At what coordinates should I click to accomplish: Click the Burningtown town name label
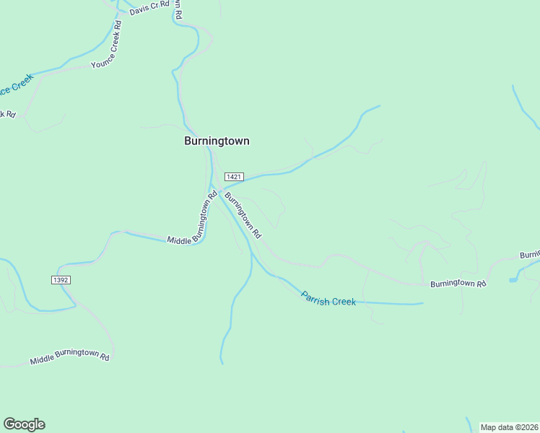coord(217,141)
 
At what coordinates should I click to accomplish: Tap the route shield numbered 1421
coord(233,177)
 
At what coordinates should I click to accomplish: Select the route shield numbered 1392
coord(61,279)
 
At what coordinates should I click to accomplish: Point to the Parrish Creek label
coord(328,298)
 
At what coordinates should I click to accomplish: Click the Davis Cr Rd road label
coord(148,8)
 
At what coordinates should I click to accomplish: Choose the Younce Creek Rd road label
coord(107,45)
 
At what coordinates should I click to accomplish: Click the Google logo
coord(24,424)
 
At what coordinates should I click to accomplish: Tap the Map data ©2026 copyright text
coord(510,427)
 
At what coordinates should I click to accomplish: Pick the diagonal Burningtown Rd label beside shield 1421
coord(243,214)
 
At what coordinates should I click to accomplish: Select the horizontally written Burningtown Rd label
coord(458,284)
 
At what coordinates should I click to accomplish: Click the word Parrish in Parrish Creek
coord(315,295)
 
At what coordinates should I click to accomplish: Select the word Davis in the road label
coord(138,11)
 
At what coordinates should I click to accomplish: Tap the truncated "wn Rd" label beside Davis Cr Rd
coord(177,9)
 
